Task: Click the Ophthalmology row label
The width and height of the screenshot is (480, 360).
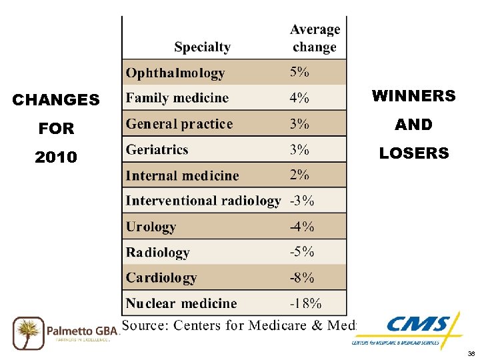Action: pyautogui.click(x=175, y=73)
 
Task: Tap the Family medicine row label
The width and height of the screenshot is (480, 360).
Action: pyautogui.click(x=177, y=98)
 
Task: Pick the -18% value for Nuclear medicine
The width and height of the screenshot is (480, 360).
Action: pyautogui.click(x=305, y=303)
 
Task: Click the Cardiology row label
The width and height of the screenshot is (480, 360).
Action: pyautogui.click(x=161, y=277)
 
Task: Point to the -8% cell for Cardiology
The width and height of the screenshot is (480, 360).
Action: pyautogui.click(x=301, y=277)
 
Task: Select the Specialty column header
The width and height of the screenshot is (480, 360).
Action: pyautogui.click(x=202, y=47)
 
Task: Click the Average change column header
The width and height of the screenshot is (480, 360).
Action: pyautogui.click(x=315, y=38)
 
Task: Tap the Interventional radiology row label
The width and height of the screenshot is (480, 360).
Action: pyautogui.click(x=203, y=201)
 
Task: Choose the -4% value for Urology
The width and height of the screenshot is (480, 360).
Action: pyautogui.click(x=301, y=227)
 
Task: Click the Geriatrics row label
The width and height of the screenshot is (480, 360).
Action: pyautogui.click(x=157, y=149)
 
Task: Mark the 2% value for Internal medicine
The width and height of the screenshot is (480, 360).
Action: pyautogui.click(x=299, y=175)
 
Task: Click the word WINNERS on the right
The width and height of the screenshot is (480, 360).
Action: pyautogui.click(x=413, y=96)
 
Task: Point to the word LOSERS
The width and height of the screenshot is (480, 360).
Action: pyautogui.click(x=413, y=153)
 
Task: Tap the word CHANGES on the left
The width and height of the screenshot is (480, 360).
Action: pyautogui.click(x=56, y=100)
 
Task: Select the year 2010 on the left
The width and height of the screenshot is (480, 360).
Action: pyautogui.click(x=56, y=157)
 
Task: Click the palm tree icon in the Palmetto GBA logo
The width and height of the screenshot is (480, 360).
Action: pyautogui.click(x=28, y=331)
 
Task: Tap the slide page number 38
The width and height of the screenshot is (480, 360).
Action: pyautogui.click(x=471, y=353)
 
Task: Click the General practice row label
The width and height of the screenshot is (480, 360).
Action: pyautogui.click(x=179, y=124)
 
